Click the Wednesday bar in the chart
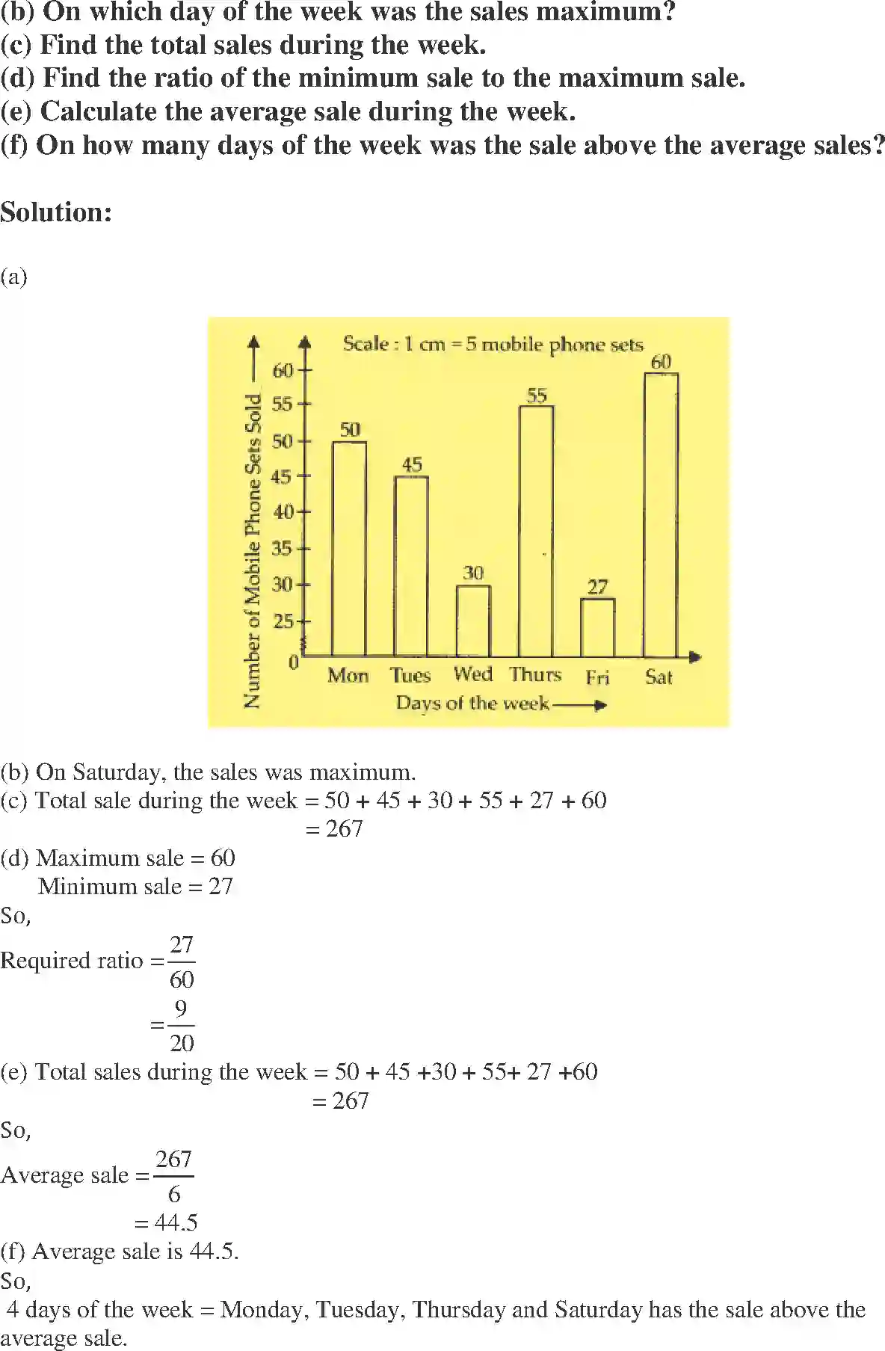(x=473, y=621)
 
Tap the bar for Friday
(x=597, y=627)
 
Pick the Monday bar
(x=349, y=549)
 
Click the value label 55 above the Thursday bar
(x=537, y=395)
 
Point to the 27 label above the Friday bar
(x=597, y=587)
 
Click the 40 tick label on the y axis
(x=283, y=512)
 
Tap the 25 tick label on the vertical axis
(x=283, y=621)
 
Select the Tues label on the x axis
(x=410, y=676)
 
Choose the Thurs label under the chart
(x=535, y=674)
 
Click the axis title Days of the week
(x=472, y=703)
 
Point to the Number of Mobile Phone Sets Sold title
(x=253, y=551)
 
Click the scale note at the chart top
(x=493, y=344)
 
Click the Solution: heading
(x=56, y=212)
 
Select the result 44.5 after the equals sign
(x=176, y=1222)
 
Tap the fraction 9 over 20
(x=181, y=1026)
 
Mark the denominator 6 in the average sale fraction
(x=174, y=1194)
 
